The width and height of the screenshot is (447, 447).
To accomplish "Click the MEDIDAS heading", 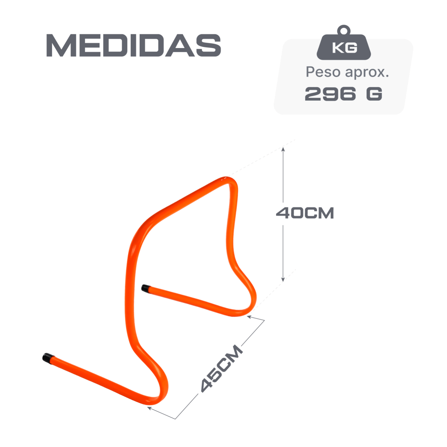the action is coord(134,45).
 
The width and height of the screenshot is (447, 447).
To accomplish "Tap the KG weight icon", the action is coord(344,43).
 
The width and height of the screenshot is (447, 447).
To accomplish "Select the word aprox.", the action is coord(367,73).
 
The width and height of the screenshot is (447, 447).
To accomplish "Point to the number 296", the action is coord(330,94).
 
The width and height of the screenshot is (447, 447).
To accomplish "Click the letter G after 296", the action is coord(374,94).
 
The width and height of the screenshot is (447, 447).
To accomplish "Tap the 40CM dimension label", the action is coord(305,213).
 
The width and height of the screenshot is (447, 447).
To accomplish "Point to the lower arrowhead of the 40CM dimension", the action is coord(283,279).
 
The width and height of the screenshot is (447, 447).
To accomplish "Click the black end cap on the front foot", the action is coord(48,358).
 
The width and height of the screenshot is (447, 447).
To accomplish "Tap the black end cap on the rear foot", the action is coord(145,288).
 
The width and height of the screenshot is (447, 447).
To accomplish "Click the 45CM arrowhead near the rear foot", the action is coord(250,317).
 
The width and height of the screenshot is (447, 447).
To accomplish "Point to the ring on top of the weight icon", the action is coord(344,30).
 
